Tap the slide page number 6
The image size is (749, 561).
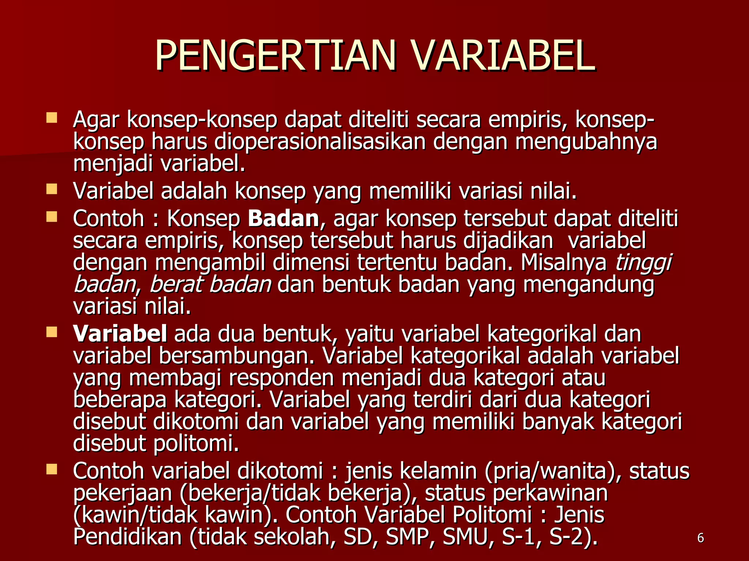(x=700, y=538)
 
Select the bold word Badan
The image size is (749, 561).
(x=283, y=219)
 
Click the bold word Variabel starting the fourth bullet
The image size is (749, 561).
(x=120, y=334)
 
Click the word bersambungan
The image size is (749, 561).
(x=237, y=356)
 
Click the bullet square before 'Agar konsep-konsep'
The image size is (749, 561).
(x=52, y=118)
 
